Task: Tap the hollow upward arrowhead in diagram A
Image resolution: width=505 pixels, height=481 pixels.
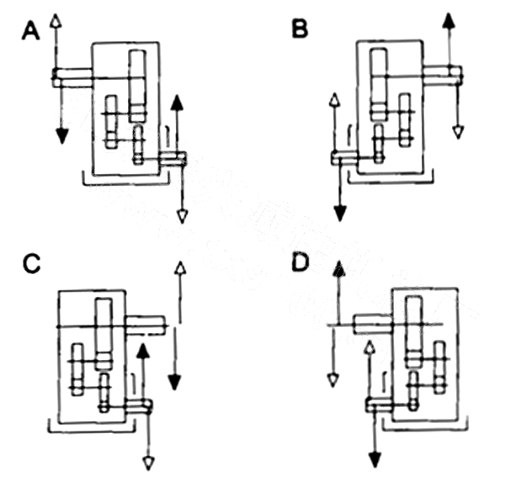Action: point(56,20)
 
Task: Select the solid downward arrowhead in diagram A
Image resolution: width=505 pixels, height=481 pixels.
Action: point(61,135)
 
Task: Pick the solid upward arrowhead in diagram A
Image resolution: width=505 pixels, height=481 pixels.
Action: point(177,102)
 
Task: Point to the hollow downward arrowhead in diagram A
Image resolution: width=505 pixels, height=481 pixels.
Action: point(183,218)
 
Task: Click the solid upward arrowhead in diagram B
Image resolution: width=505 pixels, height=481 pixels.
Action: point(448,20)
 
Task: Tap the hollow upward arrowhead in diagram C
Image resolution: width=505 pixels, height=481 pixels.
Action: point(178,269)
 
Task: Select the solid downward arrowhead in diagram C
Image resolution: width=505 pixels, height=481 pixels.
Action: point(174,383)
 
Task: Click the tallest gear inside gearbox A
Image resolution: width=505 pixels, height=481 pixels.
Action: point(138,84)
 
